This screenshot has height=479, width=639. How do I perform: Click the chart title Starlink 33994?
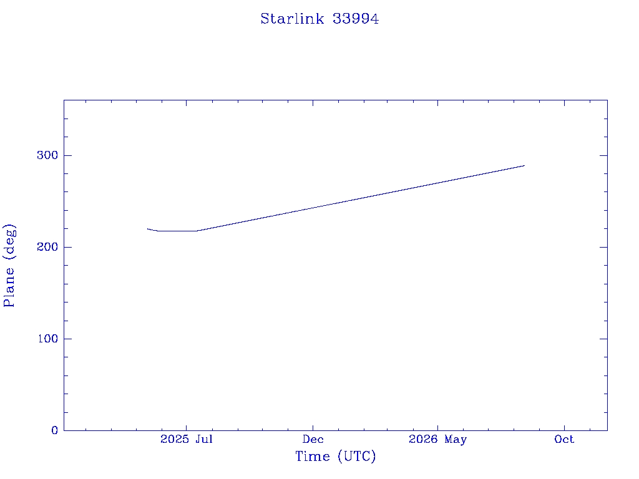click(x=319, y=19)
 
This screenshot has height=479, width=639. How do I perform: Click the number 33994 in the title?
click(x=356, y=19)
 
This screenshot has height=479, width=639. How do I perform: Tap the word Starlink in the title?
click(x=292, y=19)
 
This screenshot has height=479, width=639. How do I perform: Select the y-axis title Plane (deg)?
click(x=9, y=265)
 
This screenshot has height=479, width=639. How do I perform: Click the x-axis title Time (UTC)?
click(x=335, y=456)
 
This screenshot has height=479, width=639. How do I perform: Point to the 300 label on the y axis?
click(x=47, y=155)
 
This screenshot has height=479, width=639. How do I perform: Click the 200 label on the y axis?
click(x=47, y=247)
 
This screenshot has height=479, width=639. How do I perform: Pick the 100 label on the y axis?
click(x=47, y=339)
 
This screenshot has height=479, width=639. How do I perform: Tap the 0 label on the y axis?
click(x=55, y=430)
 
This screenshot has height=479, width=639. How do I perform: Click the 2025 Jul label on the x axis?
click(x=186, y=439)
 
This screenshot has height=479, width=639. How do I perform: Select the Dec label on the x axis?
click(x=313, y=439)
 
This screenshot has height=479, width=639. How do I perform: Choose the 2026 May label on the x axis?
click(x=437, y=440)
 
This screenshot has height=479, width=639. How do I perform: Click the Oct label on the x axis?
click(x=564, y=439)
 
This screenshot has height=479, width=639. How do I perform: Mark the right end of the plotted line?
click(x=524, y=165)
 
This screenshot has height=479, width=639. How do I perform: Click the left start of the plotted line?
click(x=147, y=229)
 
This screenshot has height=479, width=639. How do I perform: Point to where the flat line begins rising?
click(x=197, y=231)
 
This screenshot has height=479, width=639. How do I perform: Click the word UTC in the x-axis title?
click(x=357, y=456)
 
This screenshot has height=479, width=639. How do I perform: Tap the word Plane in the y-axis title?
click(x=9, y=287)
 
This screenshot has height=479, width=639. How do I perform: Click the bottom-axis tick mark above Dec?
click(x=313, y=428)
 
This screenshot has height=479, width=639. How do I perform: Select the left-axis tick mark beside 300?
click(x=67, y=155)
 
